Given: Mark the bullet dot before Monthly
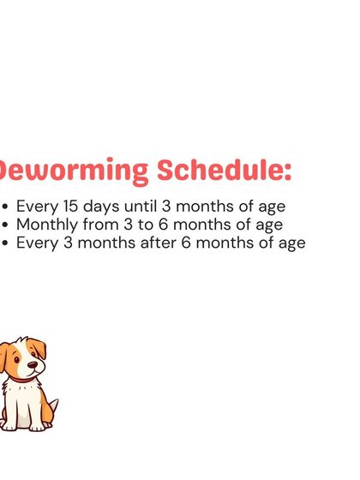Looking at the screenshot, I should point(8,225).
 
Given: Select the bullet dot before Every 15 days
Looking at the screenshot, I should point(8,207).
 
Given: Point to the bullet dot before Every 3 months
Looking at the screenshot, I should point(8,243).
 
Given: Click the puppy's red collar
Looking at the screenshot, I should point(19,378).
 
